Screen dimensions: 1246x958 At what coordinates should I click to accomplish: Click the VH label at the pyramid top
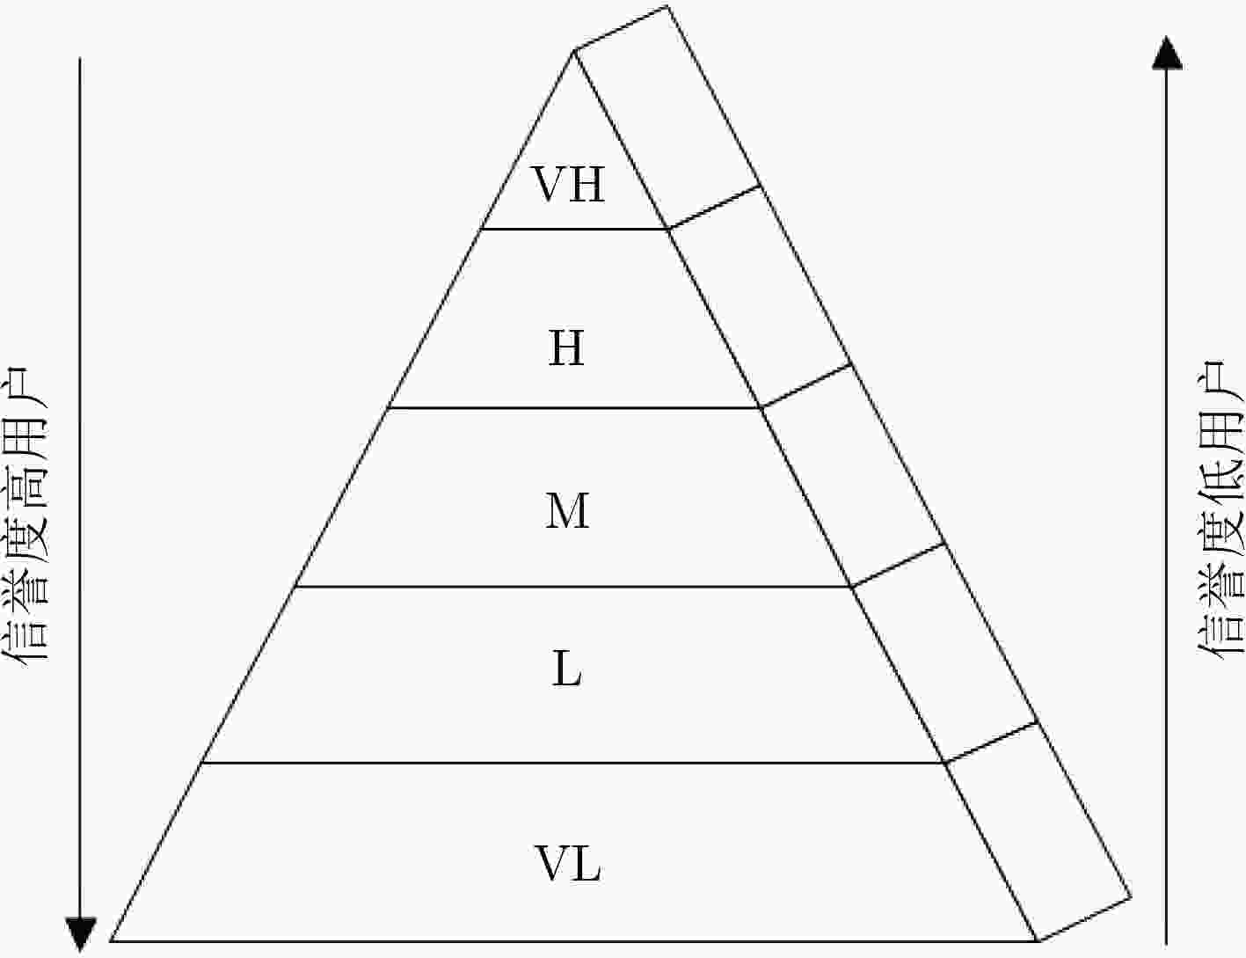(569, 184)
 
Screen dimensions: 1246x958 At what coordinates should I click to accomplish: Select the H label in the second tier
(566, 347)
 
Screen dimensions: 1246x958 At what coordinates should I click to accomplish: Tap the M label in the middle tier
(567, 510)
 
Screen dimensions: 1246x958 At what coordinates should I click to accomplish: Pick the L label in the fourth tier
(567, 669)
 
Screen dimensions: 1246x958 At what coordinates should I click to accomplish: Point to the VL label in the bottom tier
(568, 863)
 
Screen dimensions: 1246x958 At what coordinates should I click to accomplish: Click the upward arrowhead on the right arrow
(1168, 53)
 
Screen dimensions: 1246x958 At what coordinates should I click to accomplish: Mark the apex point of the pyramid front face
(573, 51)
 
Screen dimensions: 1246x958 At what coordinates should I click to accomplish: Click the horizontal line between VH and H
(574, 229)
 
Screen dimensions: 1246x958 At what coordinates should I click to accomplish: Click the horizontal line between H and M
(574, 408)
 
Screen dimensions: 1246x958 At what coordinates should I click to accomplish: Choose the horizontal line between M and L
(573, 586)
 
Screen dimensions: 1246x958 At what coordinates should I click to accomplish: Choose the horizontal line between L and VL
(573, 763)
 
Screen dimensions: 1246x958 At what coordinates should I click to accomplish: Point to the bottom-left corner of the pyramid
(111, 941)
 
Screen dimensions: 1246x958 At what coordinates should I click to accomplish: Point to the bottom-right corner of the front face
(1038, 941)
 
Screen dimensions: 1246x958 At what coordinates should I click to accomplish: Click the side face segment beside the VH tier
(667, 118)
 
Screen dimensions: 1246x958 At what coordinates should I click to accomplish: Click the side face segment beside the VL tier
(1038, 832)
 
